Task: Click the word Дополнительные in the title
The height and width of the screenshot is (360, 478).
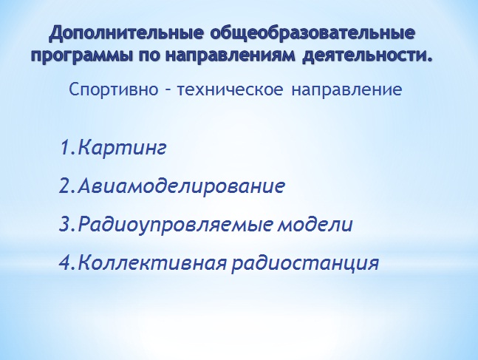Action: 126,34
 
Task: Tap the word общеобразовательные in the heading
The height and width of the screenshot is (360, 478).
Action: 313,34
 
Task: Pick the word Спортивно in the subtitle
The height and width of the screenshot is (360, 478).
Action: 113,89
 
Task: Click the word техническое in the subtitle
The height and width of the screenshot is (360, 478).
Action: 230,89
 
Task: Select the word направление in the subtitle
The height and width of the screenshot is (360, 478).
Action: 346,90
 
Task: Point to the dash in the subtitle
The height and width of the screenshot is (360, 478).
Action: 168,90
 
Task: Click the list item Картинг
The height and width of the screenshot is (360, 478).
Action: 122,148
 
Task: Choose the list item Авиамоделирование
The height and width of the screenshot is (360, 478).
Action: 181,186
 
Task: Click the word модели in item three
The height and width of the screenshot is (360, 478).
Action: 315,224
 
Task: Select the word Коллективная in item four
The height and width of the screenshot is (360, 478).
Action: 152,262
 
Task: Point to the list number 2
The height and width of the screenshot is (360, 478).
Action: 65,186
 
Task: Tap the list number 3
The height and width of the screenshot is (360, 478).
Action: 65,224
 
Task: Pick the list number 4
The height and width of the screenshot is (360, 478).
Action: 65,262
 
